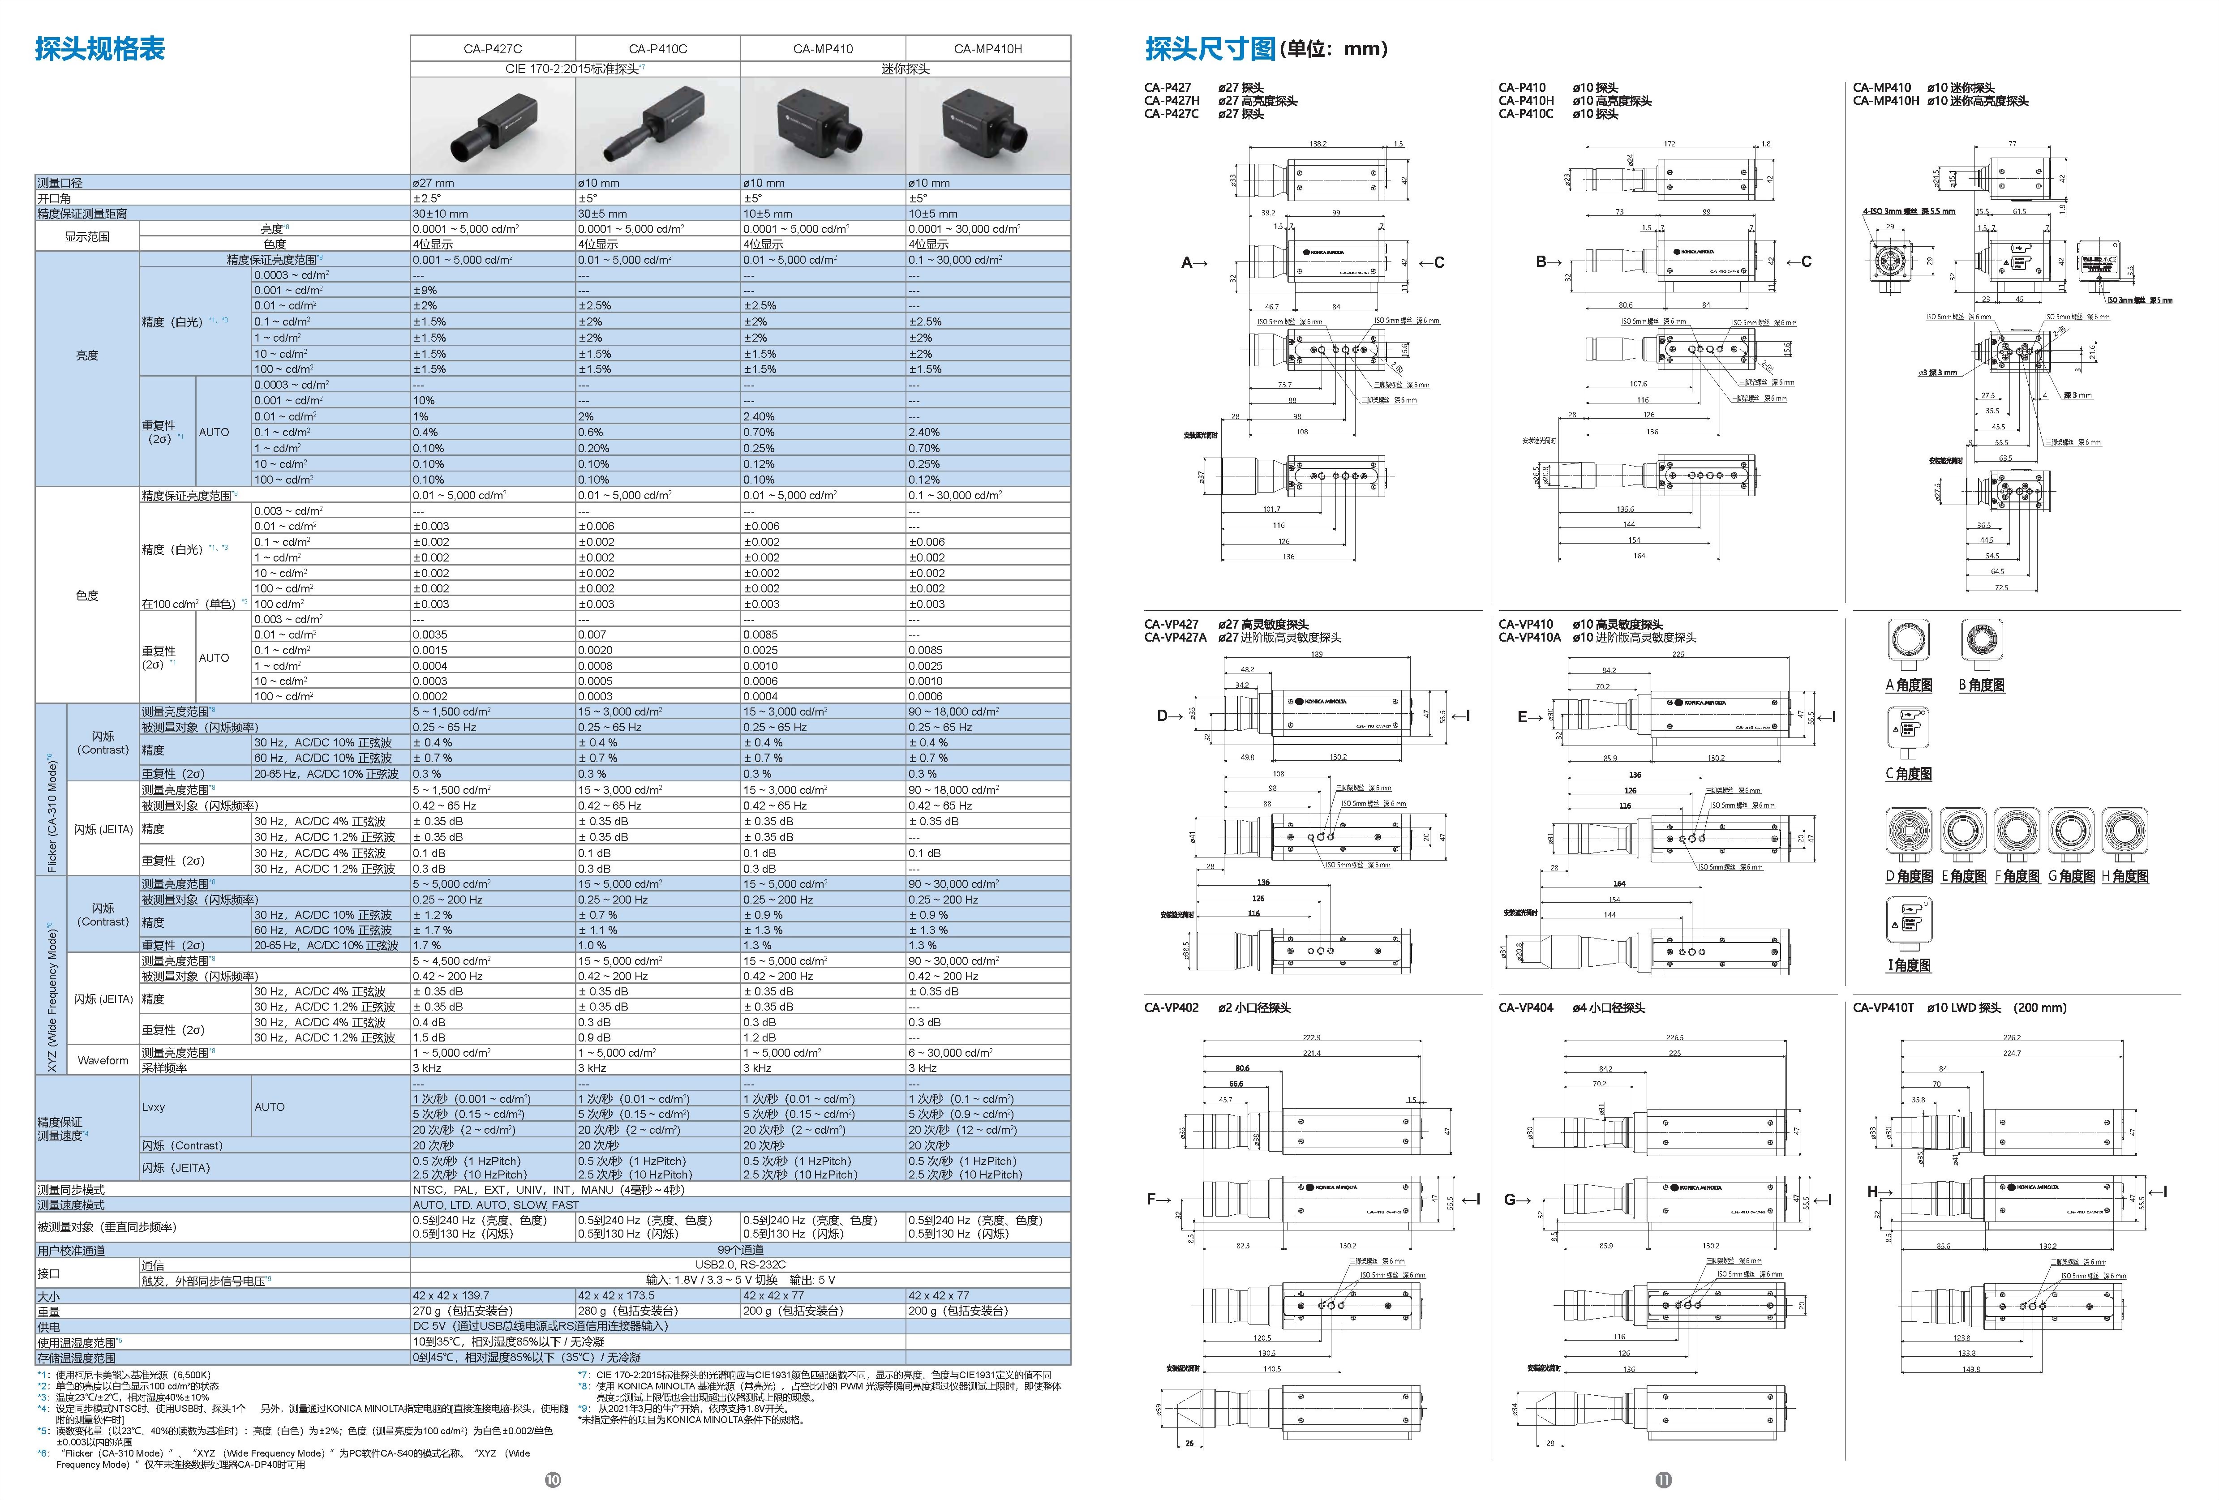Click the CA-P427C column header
[493, 49]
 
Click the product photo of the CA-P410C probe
[658, 125]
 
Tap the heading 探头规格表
[100, 49]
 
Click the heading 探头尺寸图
[1210, 49]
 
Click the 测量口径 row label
[60, 182]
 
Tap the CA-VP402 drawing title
[1172, 1007]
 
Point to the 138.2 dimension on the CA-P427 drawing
[1318, 144]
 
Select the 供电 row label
[49, 1326]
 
